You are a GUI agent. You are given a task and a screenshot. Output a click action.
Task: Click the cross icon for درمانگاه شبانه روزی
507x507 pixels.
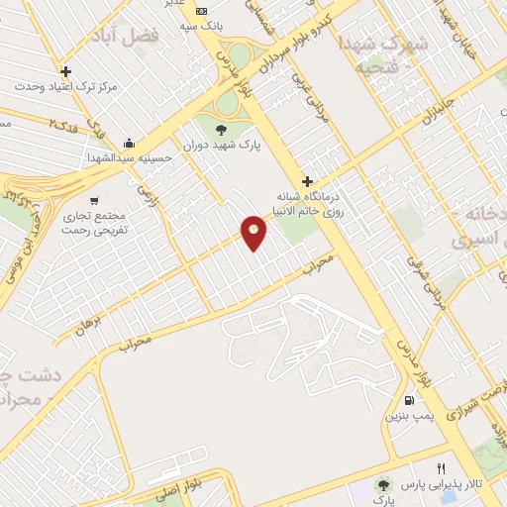(x=308, y=181)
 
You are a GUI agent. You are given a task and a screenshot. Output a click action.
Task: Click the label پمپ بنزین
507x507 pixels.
(x=407, y=416)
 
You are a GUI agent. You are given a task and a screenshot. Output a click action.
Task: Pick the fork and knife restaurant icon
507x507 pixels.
(x=442, y=467)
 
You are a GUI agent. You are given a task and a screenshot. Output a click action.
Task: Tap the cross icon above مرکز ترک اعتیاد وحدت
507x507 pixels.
(x=66, y=71)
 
